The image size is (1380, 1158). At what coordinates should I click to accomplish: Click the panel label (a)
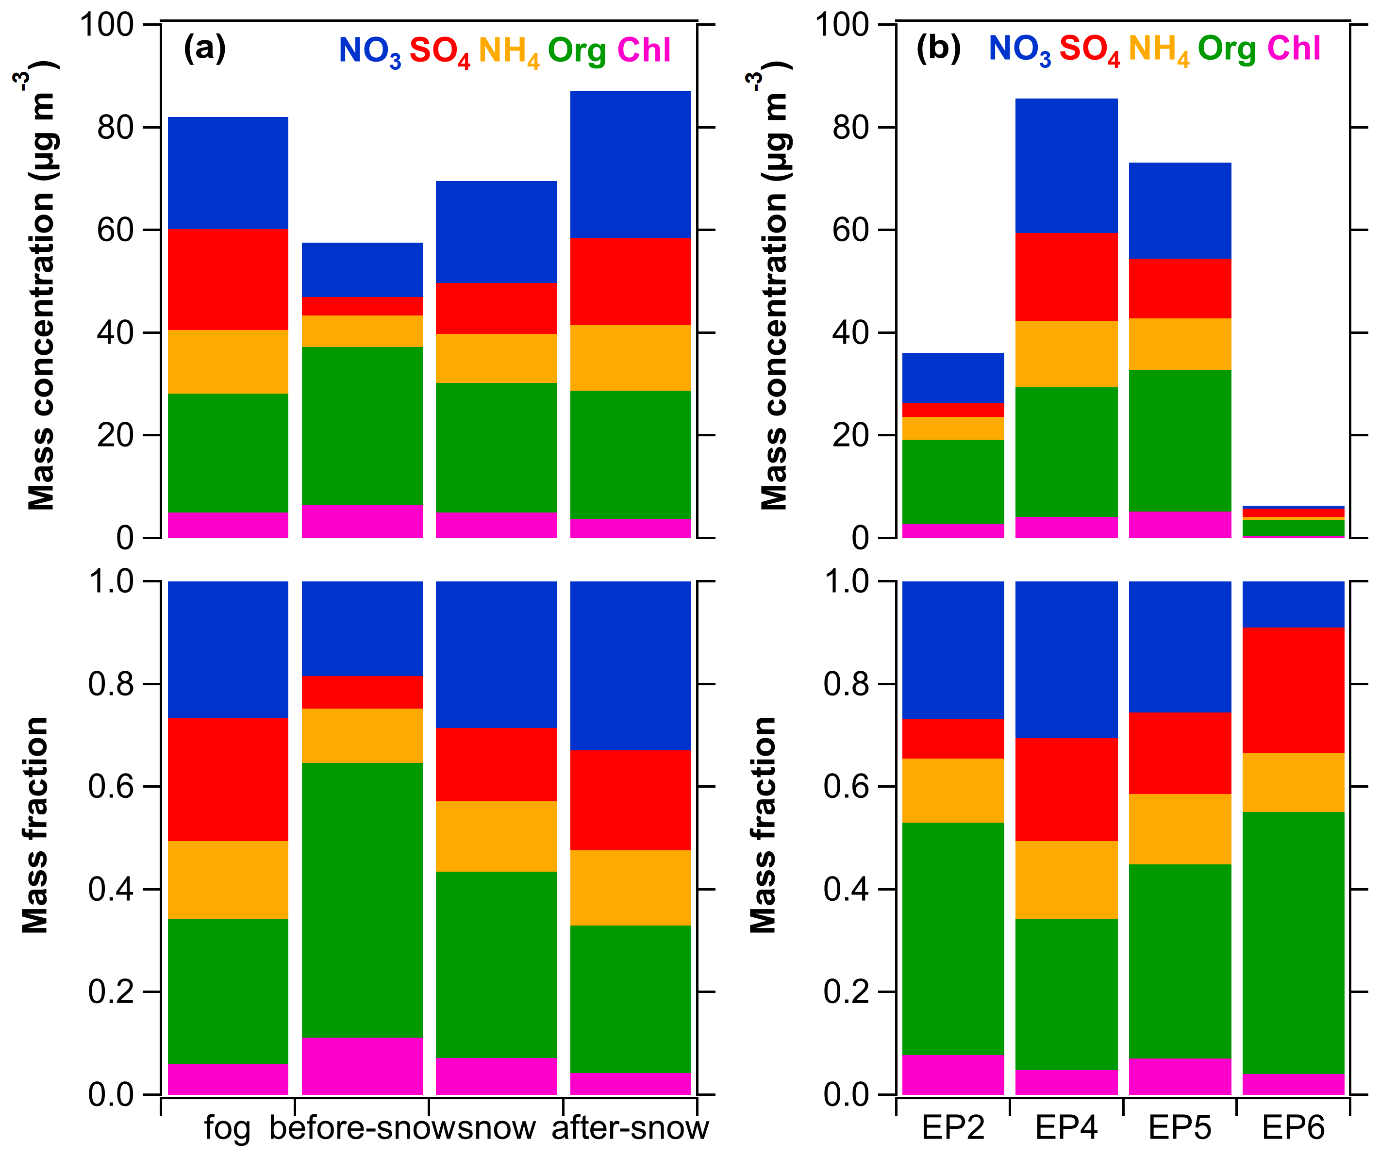pos(204,49)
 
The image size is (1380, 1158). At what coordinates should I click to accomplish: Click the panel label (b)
pos(938,49)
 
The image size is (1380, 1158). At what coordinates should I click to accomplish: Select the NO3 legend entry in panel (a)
pos(369,51)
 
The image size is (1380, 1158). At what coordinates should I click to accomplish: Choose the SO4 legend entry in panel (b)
pos(1089,50)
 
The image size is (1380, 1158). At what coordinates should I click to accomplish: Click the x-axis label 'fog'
pos(227,1128)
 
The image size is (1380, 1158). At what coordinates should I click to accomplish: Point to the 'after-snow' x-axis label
pos(630,1128)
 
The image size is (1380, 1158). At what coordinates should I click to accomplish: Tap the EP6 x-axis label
pos(1293,1128)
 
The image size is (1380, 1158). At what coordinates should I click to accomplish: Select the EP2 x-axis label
pos(953,1128)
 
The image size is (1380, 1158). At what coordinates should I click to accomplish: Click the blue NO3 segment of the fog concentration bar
pos(228,173)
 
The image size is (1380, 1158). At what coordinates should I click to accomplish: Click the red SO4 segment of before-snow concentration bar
pos(362,306)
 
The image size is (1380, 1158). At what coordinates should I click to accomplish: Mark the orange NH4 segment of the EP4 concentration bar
pos(1066,354)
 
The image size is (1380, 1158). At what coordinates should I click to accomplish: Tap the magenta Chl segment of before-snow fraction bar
pos(362,1066)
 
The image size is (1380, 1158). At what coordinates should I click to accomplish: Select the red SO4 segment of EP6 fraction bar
pos(1293,690)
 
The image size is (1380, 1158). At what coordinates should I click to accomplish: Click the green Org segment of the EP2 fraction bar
pos(953,939)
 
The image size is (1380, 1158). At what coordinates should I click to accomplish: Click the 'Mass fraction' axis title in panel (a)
pos(35,825)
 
